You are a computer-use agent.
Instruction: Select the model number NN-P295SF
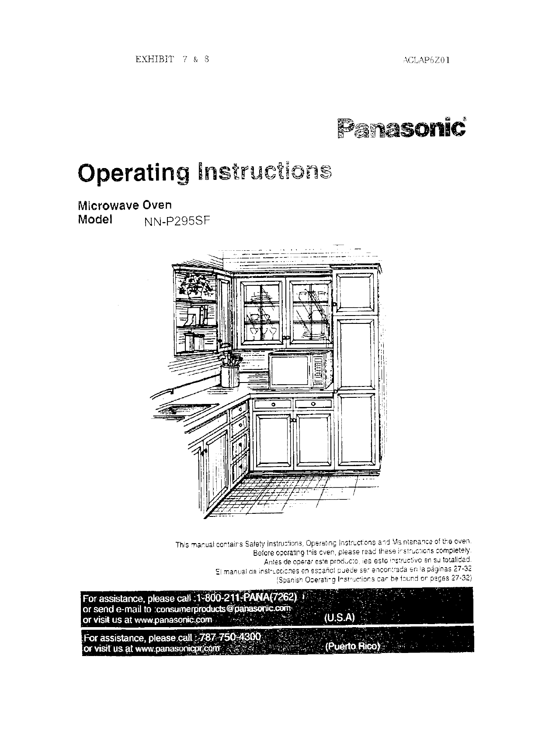pyautogui.click(x=177, y=222)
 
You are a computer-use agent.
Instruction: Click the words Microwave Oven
pyautogui.click(x=124, y=204)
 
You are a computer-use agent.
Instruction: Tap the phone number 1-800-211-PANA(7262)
pyautogui.click(x=247, y=598)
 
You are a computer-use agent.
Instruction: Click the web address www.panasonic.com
pyautogui.click(x=174, y=620)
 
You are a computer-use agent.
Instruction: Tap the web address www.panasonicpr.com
pyautogui.click(x=177, y=649)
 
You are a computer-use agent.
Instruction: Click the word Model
pyautogui.click(x=95, y=219)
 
